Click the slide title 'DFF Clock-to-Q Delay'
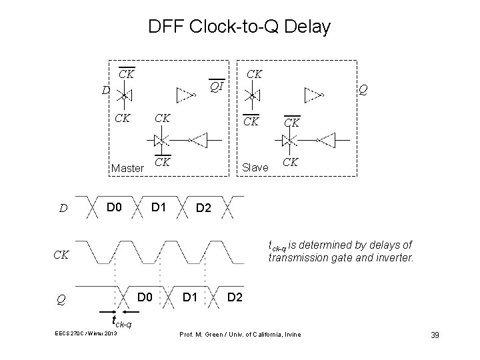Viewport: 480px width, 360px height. tap(239, 27)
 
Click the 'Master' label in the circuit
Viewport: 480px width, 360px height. tap(127, 169)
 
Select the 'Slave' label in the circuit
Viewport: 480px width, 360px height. tap(255, 169)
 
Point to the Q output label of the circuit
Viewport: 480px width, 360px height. tap(363, 89)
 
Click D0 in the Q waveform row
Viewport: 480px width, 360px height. tap(145, 295)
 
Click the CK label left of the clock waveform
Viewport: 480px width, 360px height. tap(61, 254)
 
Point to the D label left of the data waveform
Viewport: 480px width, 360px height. tap(61, 209)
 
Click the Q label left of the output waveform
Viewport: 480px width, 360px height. tap(61, 300)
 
